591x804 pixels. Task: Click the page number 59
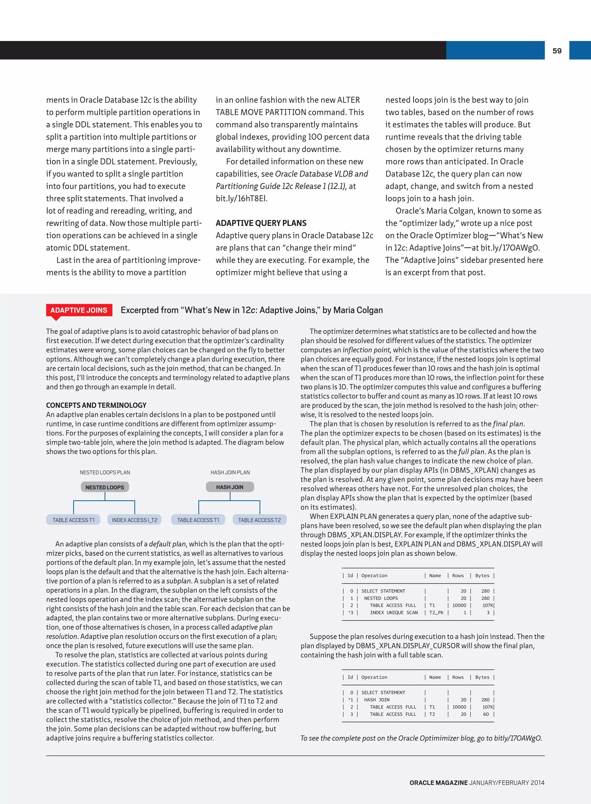(557, 51)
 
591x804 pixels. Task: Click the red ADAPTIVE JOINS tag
(79, 310)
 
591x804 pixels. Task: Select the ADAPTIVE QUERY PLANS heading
(261, 223)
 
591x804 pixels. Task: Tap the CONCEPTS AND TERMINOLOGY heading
(96, 405)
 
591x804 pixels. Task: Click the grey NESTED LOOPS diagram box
(104, 487)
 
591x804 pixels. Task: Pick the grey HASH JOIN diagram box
(230, 487)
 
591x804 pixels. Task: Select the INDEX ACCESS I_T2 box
(134, 520)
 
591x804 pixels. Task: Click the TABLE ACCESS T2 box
(259, 520)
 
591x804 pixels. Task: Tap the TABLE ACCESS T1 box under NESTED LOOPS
(73, 520)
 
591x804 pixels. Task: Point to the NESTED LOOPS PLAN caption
(105, 472)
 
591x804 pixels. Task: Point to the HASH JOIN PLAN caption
(230, 472)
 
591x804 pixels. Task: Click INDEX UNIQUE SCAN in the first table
(394, 613)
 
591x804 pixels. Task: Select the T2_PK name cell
(436, 613)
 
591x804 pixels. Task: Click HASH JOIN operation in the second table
(377, 699)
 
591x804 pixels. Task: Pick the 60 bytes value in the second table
(486, 714)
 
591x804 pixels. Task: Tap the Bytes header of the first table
(482, 576)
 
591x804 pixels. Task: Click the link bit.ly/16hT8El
(242, 198)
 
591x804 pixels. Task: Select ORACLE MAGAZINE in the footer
(438, 783)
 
